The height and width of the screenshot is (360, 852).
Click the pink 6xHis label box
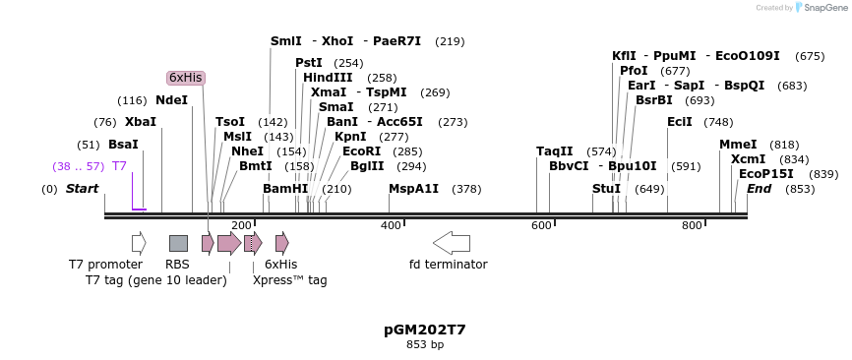pos(186,78)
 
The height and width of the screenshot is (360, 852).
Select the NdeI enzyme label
pos(171,100)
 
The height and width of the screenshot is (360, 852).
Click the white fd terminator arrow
pos(452,242)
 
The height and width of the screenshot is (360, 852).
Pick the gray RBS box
pos(178,243)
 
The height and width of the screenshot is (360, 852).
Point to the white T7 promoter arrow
pos(139,242)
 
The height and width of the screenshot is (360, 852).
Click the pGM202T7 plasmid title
pos(425,330)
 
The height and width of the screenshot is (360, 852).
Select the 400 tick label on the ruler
pos(392,226)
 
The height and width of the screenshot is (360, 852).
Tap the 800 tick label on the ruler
pos(692,226)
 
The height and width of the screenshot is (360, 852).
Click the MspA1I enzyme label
pos(413,188)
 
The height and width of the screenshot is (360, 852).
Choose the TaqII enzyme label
pos(554,151)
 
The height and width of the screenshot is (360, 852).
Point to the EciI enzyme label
pos(680,122)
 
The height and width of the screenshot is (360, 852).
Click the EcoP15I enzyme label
pos(765,174)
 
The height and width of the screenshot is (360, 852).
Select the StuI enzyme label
pos(606,188)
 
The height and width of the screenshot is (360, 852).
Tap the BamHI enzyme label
pos(285,188)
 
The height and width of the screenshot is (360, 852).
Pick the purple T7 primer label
pos(119,166)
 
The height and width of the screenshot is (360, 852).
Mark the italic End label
pos(759,188)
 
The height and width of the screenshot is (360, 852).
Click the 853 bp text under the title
pos(425,344)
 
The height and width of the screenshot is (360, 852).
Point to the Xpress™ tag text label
pos(289,280)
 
